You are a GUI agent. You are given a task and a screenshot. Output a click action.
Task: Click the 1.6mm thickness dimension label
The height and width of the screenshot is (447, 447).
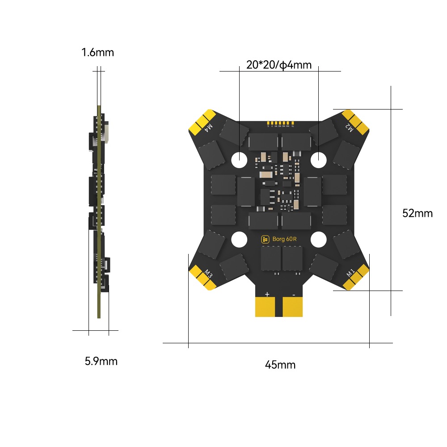point(97,53)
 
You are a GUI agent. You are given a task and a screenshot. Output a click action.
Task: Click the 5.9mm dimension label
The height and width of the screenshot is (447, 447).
point(101,361)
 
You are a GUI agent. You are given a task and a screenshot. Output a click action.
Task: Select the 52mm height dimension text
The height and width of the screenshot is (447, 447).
point(417,213)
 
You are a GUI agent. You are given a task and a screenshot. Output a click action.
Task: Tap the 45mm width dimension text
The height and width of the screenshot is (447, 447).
point(280,365)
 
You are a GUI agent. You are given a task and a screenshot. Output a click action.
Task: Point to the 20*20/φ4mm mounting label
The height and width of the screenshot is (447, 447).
point(279,65)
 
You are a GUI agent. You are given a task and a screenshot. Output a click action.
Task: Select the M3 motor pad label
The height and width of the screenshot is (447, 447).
point(208,272)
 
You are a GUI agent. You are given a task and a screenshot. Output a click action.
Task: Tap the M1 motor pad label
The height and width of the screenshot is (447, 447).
point(350,272)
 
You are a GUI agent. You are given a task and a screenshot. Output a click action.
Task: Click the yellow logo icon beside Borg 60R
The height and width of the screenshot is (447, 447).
point(265,239)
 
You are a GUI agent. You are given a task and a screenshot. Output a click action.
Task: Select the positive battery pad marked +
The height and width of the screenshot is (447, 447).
point(267,306)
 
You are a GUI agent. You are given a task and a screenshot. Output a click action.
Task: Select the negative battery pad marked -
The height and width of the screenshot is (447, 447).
point(294,306)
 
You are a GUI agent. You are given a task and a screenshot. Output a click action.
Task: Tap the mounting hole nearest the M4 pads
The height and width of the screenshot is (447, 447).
point(240,158)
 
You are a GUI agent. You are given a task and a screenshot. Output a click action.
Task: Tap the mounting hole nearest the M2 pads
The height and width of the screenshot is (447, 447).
point(319,158)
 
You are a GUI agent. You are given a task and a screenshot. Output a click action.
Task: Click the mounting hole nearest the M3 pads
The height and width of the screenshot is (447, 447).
point(240,239)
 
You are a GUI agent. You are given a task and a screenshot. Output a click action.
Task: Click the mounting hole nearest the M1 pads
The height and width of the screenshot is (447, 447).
point(318,239)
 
